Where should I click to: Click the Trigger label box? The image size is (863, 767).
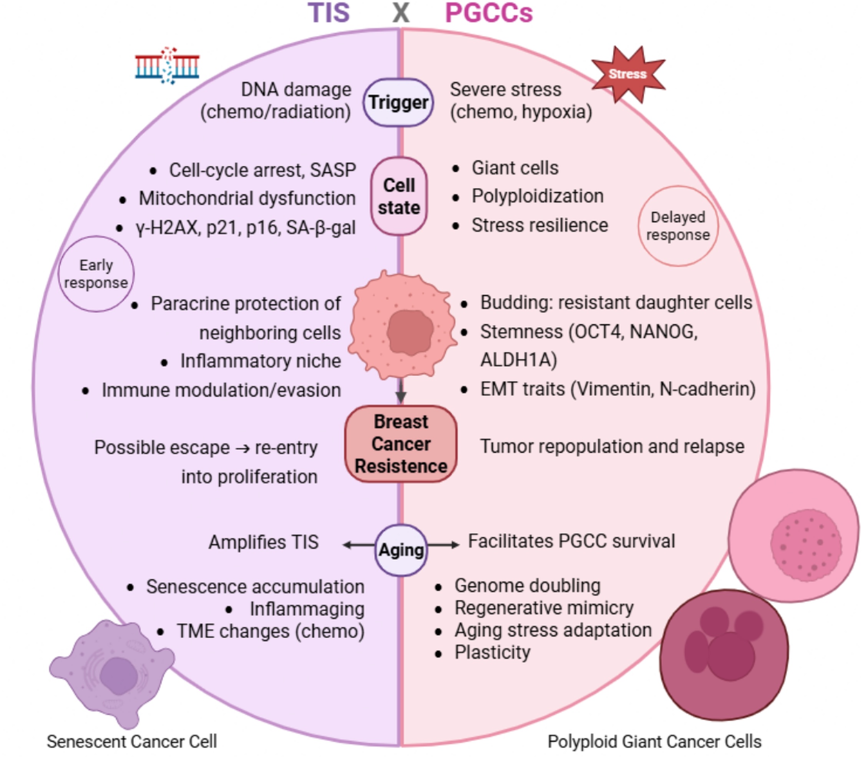click(x=398, y=103)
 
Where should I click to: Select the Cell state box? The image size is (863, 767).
click(x=399, y=196)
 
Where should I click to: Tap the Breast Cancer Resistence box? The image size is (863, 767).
click(x=401, y=444)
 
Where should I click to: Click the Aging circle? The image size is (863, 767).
click(x=401, y=550)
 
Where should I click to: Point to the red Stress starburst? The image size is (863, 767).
click(x=628, y=74)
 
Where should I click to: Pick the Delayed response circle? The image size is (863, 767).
click(x=678, y=226)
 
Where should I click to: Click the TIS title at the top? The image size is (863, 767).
click(x=329, y=13)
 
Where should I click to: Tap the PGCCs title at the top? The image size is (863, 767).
click(x=489, y=13)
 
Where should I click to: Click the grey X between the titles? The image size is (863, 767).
click(x=401, y=13)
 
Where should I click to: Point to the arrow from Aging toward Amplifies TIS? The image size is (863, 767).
click(x=359, y=545)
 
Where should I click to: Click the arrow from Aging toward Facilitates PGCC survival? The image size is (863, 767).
click(x=443, y=545)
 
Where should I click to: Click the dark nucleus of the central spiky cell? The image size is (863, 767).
click(x=410, y=332)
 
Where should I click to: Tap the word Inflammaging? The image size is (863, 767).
click(x=307, y=609)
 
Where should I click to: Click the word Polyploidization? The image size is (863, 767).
click(x=538, y=196)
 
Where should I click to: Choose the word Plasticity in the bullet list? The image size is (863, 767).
click(x=492, y=652)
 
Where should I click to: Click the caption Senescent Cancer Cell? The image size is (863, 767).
click(x=132, y=741)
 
